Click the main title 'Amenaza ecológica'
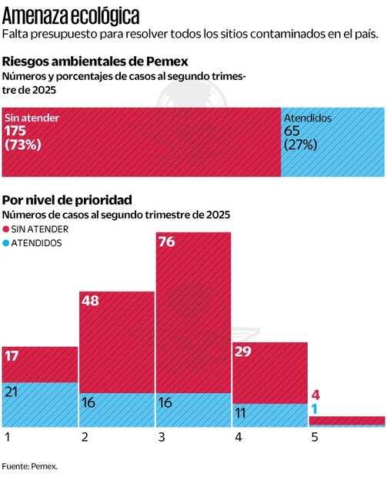[x=71, y=15]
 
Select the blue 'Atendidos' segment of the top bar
[x=332, y=142]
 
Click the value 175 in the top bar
[x=15, y=132]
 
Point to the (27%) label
[x=301, y=145]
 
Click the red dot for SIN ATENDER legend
[x=6, y=229]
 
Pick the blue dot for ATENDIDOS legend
[x=6, y=243]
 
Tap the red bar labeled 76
[x=193, y=323]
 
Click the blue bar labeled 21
[x=39, y=405]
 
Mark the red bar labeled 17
[x=39, y=364]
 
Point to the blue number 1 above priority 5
[x=315, y=409]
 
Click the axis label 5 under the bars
[x=314, y=437]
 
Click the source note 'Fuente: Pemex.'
[x=29, y=465]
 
